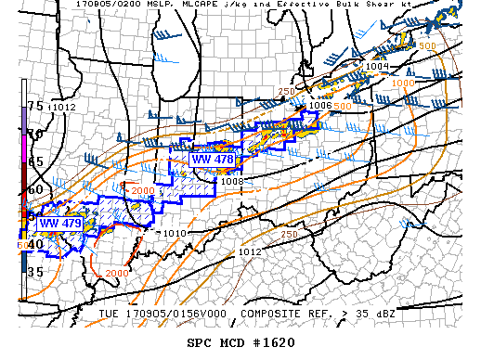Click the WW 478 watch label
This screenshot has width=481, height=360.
click(212, 160)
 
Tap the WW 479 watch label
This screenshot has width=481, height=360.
click(58, 223)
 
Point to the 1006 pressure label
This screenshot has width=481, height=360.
click(320, 106)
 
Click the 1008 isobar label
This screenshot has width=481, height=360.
click(231, 181)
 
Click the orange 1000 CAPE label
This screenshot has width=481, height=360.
click(404, 84)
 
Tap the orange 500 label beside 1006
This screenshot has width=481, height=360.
click(342, 106)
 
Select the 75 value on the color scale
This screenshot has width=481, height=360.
click(33, 106)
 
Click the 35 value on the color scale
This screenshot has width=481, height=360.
click(33, 272)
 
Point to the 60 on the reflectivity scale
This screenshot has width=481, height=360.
click(33, 189)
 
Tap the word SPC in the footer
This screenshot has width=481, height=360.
click(201, 343)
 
